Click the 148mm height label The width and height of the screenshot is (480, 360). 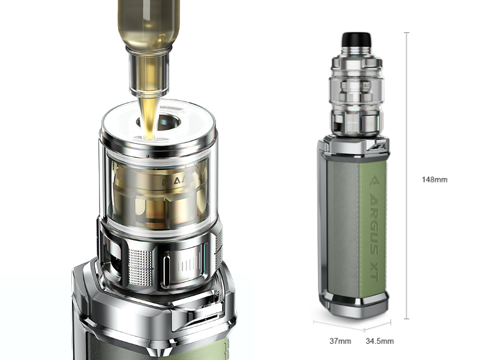click(x=435, y=179)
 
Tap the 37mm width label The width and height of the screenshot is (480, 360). click(x=340, y=341)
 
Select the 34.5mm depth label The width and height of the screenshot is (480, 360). click(x=380, y=341)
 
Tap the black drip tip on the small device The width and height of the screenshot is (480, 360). click(x=354, y=41)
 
